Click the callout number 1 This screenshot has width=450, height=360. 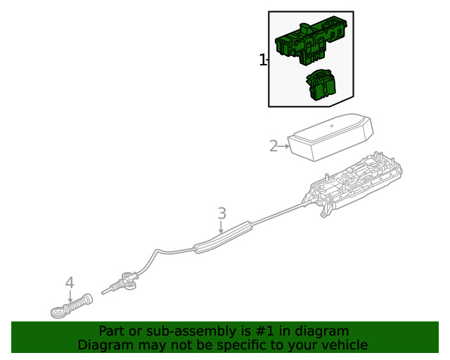(262, 60)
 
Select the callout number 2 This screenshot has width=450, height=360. (274, 146)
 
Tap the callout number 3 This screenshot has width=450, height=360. (221, 212)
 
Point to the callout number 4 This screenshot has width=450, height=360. (70, 283)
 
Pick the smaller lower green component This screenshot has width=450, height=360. (321, 84)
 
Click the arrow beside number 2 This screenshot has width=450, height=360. (284, 146)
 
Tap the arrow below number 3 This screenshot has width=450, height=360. (221, 226)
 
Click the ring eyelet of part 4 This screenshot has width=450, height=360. (58, 310)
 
